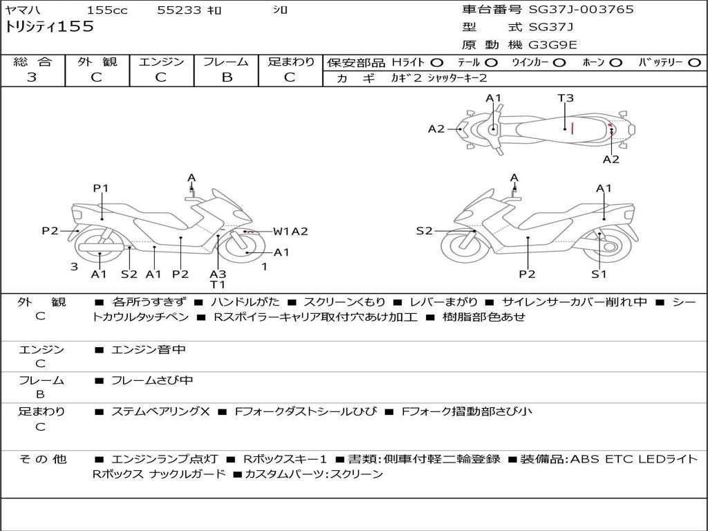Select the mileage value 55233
pos(180,10)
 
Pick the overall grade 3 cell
pos(32,77)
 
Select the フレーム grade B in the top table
pos(226,77)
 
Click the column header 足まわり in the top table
pos(291,62)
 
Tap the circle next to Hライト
pos(437,62)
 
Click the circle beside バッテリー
pos(694,62)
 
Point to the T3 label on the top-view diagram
pos(566,98)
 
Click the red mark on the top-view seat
pos(572,127)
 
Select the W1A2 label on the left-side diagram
pos(290,232)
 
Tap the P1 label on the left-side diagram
pos(101,188)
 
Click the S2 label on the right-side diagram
pos(424,231)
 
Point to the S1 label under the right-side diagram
pos(599,274)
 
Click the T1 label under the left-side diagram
pos(218,284)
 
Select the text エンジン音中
pos(149,350)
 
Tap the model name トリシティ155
pos(50,28)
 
